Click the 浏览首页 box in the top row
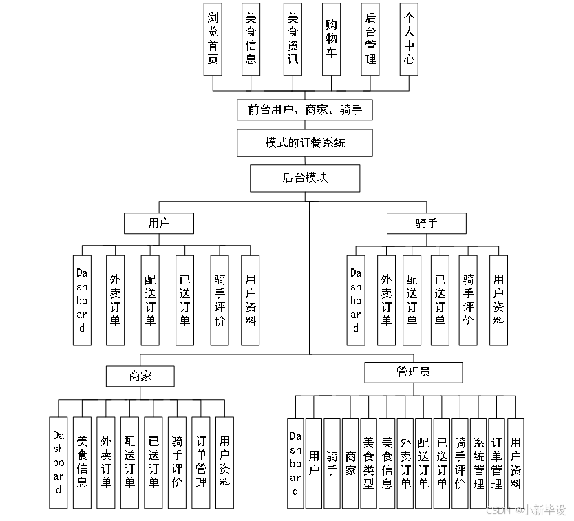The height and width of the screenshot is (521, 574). (x=213, y=39)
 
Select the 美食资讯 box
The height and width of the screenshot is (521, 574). (x=293, y=39)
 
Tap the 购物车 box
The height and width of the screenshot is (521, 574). (x=331, y=39)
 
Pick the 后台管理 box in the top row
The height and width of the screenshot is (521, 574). (x=370, y=39)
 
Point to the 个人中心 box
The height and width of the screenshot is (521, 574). (x=409, y=39)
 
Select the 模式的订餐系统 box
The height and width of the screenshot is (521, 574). (x=304, y=143)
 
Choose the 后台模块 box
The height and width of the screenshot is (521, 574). (x=304, y=178)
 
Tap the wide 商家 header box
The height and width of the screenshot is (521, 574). (x=140, y=376)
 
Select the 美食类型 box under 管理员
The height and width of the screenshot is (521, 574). (x=369, y=462)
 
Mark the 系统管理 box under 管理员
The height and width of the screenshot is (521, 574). (x=478, y=462)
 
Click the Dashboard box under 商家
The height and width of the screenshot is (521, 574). (x=59, y=462)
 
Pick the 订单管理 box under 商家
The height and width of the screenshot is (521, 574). (x=201, y=462)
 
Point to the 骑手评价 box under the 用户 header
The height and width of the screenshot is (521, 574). (x=220, y=300)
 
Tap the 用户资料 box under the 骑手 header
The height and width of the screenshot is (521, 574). (x=498, y=300)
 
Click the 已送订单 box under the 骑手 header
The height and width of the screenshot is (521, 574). (x=440, y=300)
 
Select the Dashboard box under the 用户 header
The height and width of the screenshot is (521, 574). (x=82, y=300)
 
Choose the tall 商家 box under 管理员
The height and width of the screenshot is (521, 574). (x=350, y=462)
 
